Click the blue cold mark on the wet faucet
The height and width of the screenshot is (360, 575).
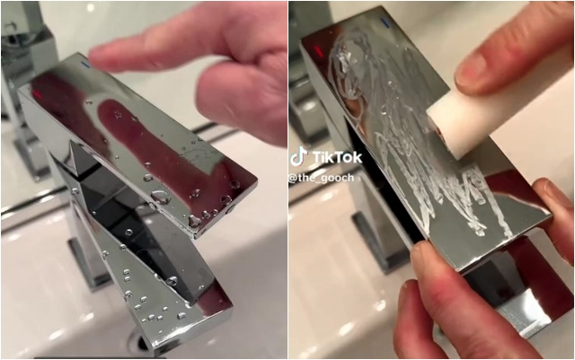tap(86, 64)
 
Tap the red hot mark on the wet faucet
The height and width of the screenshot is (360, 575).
tap(37, 93)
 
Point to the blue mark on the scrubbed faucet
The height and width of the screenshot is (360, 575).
tap(385, 23)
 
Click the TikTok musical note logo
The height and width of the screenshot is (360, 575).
tap(298, 156)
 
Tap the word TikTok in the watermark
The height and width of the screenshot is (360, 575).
tap(338, 157)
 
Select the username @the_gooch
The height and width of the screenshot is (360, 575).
tap(322, 178)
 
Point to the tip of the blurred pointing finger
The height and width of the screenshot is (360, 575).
tap(96, 56)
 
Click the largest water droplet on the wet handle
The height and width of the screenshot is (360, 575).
tap(161, 197)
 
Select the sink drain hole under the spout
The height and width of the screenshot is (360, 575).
tap(138, 340)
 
